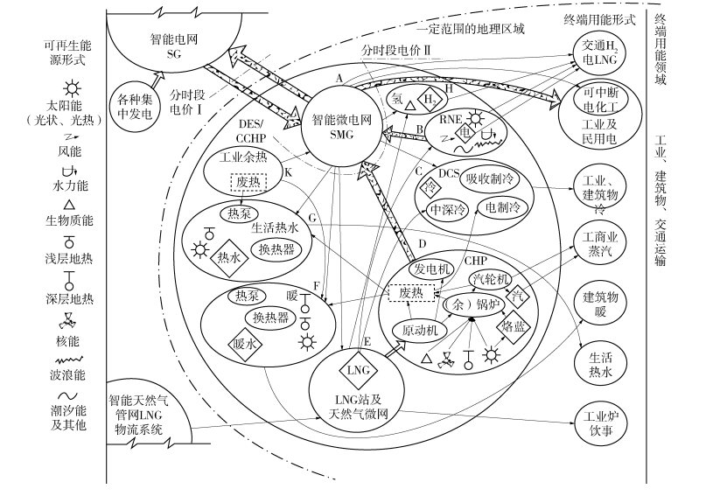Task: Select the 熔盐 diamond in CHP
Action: click(511, 326)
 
